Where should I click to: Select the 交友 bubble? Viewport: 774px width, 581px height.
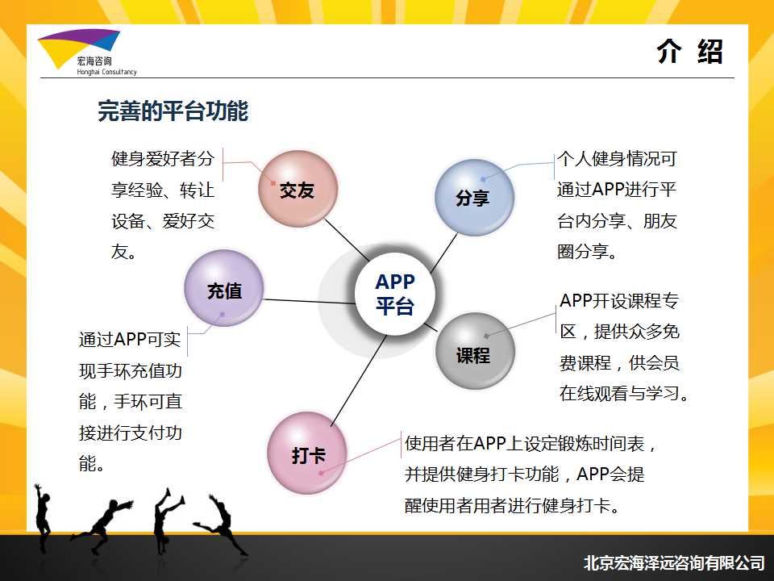pyautogui.click(x=298, y=189)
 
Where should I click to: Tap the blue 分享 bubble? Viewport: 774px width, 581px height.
pyautogui.click(x=474, y=197)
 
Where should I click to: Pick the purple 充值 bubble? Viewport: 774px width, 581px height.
pyautogui.click(x=224, y=288)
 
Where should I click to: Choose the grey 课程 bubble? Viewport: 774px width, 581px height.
pyautogui.click(x=475, y=351)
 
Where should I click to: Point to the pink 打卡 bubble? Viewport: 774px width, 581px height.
pyautogui.click(x=307, y=453)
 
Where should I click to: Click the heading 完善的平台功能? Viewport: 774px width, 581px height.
pyautogui.click(x=173, y=111)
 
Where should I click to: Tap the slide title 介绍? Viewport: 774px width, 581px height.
pyautogui.click(x=689, y=52)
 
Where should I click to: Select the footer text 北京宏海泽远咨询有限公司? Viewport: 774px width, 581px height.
pyautogui.click(x=674, y=562)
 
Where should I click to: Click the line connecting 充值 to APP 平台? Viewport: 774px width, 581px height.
pyautogui.click(x=310, y=301)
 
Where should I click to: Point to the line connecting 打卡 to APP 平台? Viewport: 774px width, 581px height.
pyautogui.click(x=359, y=380)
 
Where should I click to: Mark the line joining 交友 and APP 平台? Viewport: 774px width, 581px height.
pyautogui.click(x=347, y=240)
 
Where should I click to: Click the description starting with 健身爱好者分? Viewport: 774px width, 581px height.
pyautogui.click(x=163, y=205)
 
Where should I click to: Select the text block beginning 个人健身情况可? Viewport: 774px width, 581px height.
pyautogui.click(x=617, y=205)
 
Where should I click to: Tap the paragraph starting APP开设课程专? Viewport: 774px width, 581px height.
pyautogui.click(x=624, y=347)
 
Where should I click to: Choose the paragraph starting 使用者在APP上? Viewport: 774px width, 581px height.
pyautogui.click(x=531, y=474)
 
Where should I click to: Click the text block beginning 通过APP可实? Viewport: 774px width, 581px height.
pyautogui.click(x=131, y=401)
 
